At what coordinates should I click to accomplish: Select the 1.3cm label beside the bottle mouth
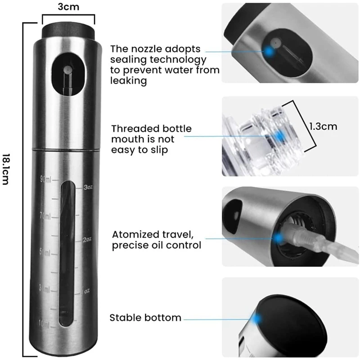323,126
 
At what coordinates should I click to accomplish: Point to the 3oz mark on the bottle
88,186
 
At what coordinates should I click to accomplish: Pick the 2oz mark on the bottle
87,239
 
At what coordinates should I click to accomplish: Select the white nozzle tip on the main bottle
67,70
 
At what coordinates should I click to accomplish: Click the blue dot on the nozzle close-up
269,51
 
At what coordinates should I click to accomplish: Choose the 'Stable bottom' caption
145,318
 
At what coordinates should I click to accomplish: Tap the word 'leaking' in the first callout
129,81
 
